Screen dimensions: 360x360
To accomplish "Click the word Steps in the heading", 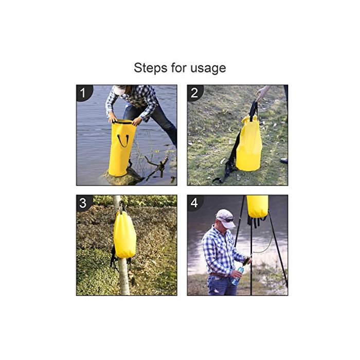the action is point(150,68).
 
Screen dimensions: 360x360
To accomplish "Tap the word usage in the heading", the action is point(208,68).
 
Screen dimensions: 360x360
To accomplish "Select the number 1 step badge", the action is point(84,93).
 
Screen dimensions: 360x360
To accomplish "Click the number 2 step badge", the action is point(195,93).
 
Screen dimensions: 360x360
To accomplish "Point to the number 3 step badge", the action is point(83,203).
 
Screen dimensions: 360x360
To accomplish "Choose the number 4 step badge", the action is point(194,203).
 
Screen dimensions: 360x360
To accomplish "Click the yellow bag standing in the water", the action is point(121,148).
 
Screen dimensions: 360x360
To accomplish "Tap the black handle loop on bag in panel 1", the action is point(123,141).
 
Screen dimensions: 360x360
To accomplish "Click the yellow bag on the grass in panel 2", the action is point(249,143).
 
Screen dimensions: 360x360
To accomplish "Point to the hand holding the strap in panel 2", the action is point(263,93).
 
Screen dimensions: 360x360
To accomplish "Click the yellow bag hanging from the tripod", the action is point(257,206).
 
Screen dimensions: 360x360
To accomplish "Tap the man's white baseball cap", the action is point(225,218).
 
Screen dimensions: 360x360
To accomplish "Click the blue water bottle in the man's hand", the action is point(238,276).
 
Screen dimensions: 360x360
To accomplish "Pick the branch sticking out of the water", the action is point(157,164).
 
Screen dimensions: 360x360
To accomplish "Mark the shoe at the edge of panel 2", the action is point(284,160).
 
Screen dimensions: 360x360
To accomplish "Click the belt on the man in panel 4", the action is point(219,275).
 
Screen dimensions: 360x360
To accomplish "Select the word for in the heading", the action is point(178,68).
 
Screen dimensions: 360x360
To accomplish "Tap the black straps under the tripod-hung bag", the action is point(257,221).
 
